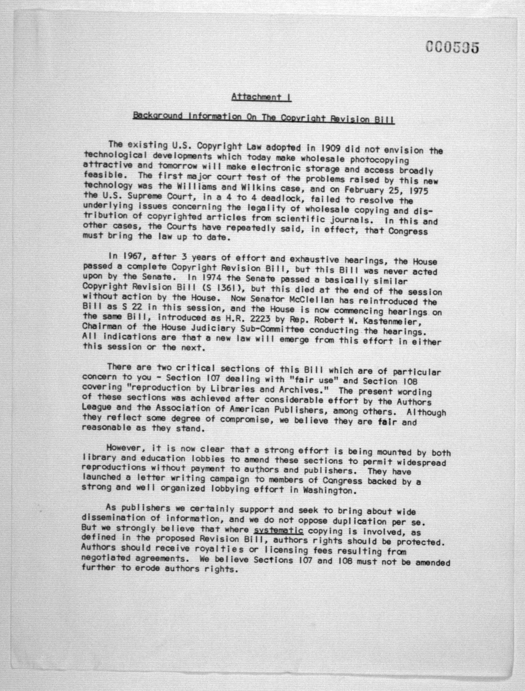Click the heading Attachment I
pos(261,97)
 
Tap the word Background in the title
pos(157,116)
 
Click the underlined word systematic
pos(278,530)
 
